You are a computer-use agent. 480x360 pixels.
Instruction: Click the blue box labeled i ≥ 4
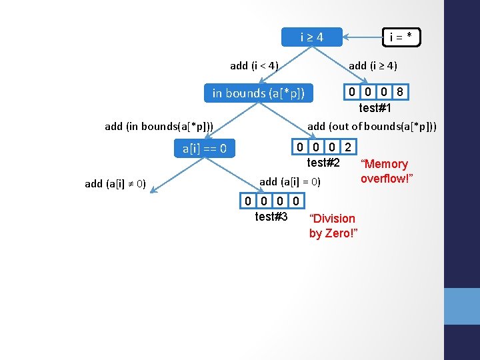312,37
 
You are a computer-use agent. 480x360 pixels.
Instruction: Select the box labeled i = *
400,37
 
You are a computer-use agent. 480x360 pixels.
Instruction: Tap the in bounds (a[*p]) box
258,93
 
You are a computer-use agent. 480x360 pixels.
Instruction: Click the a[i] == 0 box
205,149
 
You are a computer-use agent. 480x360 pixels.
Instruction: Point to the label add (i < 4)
254,65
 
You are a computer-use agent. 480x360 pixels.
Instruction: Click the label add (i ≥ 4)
373,65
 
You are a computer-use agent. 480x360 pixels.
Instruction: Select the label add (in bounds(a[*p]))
159,126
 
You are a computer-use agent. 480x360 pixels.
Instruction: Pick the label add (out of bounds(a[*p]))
372,126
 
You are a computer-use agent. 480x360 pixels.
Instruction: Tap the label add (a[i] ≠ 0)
116,184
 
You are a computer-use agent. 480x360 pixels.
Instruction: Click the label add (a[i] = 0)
290,181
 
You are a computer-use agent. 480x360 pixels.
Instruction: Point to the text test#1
375,108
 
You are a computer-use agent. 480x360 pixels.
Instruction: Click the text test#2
323,163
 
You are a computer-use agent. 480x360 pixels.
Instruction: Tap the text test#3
271,217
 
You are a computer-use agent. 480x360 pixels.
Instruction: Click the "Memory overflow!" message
384,171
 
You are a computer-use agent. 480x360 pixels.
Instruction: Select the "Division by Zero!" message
333,226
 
